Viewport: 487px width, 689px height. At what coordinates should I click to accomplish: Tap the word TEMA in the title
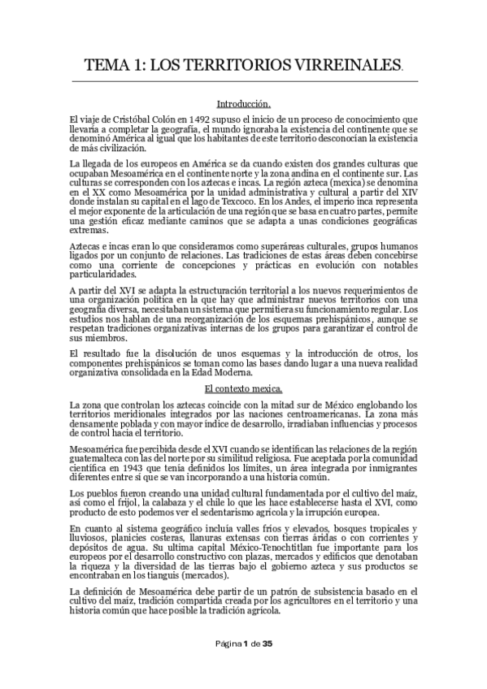(x=109, y=64)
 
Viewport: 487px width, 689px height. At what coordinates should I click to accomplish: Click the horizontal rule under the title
(x=243, y=81)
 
